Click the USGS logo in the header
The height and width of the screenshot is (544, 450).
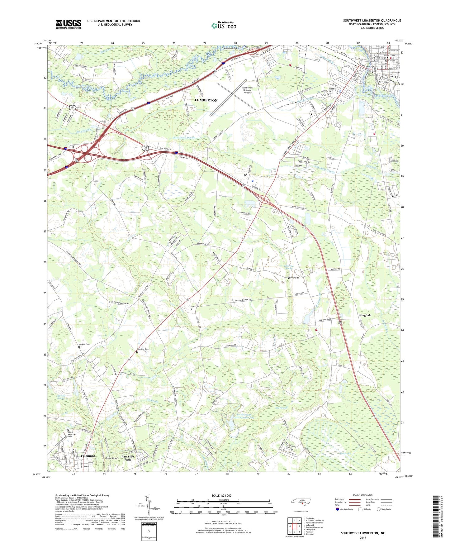(x=69, y=24)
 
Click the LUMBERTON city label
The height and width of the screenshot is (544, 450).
(x=206, y=100)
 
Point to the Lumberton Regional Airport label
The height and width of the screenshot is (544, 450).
(x=247, y=90)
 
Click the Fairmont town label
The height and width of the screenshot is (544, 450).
(x=88, y=456)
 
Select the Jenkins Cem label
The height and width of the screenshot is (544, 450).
(x=84, y=344)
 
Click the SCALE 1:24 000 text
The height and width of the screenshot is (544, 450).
(x=221, y=495)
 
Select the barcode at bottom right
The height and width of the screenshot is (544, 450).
(x=436, y=517)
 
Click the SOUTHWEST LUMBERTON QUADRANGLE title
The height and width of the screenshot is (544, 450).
(x=372, y=21)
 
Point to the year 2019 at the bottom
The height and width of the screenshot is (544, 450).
(x=363, y=537)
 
